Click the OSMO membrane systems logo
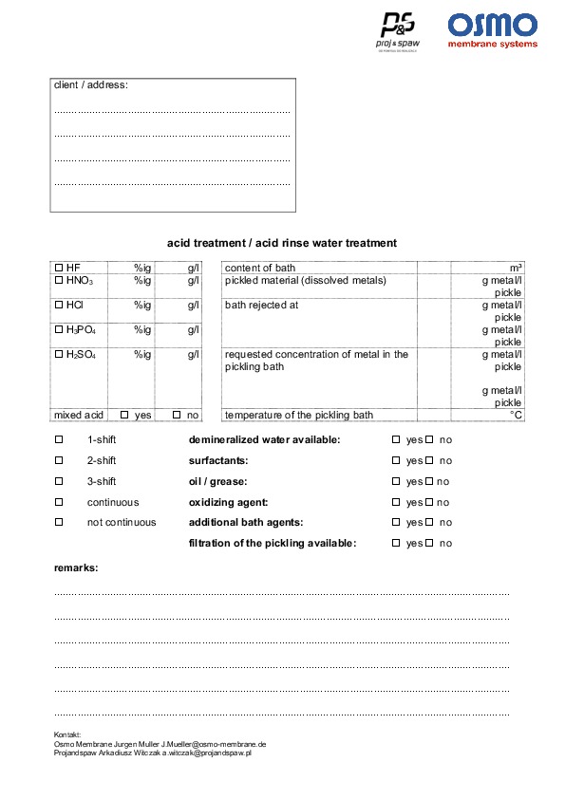click(x=492, y=29)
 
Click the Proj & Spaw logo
click(x=399, y=31)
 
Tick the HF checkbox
click(x=59, y=268)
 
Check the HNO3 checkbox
click(x=59, y=280)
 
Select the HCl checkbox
click(x=59, y=305)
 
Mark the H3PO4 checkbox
click(x=59, y=329)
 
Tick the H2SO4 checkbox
click(x=59, y=354)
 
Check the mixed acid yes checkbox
click(x=124, y=415)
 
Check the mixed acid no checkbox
click(x=177, y=415)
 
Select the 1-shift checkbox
click(x=59, y=439)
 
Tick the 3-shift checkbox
click(x=59, y=481)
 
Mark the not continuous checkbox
click(x=59, y=522)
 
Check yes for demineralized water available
click(x=396, y=440)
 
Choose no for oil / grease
click(x=428, y=481)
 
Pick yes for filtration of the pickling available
click(x=396, y=543)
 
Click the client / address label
click(x=91, y=85)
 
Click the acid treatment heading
click(x=282, y=243)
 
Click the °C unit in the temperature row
click(x=516, y=415)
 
